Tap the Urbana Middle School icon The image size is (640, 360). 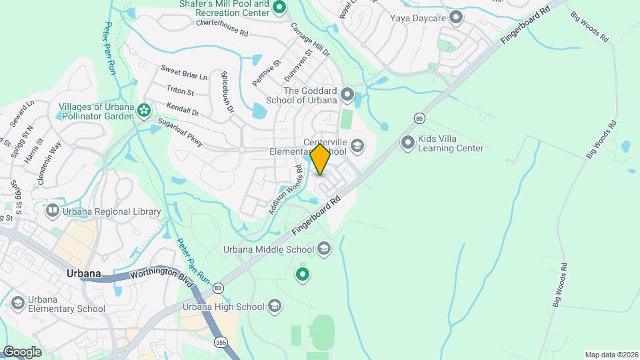pyautogui.click(x=324, y=249)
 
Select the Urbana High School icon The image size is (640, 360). pyautogui.click(x=274, y=307)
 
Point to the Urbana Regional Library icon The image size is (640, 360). pyautogui.click(x=52, y=211)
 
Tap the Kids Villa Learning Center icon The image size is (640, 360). pyautogui.click(x=408, y=143)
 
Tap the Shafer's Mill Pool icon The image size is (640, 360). pyautogui.click(x=279, y=7)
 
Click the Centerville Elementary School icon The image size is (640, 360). pyautogui.click(x=357, y=146)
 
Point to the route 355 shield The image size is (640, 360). pyautogui.click(x=221, y=342)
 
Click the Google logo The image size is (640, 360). pyautogui.click(x=22, y=351)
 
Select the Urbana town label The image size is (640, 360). pyautogui.click(x=83, y=273)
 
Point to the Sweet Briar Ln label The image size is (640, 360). pyautogui.click(x=184, y=73)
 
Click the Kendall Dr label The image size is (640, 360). pyautogui.click(x=183, y=109)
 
